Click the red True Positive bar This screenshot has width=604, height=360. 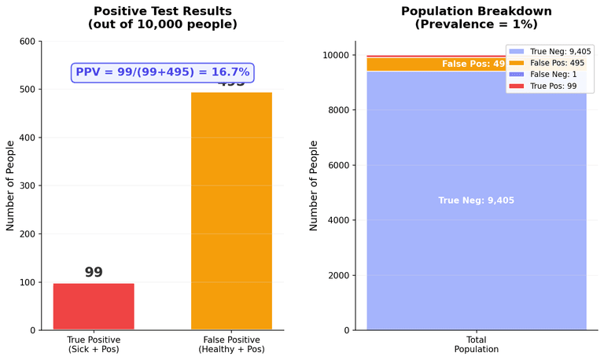(94, 307)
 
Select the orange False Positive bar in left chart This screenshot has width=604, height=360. (231, 212)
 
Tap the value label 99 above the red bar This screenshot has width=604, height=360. (94, 272)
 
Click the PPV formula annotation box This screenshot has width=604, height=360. (162, 72)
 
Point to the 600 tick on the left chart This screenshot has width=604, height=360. (27, 41)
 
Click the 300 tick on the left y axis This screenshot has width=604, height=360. (27, 186)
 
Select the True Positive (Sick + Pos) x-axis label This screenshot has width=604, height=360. (94, 343)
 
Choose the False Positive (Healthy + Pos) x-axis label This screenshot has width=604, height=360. (231, 343)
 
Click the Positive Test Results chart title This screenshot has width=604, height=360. (162, 18)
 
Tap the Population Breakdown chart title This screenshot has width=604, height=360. (476, 18)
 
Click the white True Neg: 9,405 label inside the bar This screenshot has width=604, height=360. (476, 200)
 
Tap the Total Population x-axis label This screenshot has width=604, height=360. (476, 343)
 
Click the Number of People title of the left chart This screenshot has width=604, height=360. (11, 186)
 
